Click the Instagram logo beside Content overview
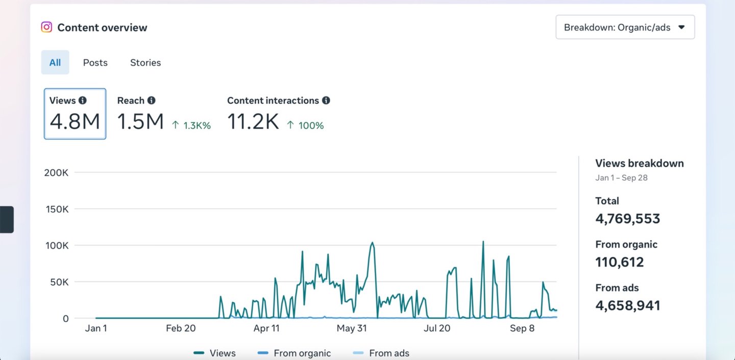[x=46, y=27]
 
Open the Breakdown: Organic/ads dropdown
[x=625, y=28]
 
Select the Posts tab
[x=95, y=62]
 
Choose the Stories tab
[x=145, y=62]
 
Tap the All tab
[x=55, y=62]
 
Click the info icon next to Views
[x=82, y=101]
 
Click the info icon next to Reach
[x=151, y=101]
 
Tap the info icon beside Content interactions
[x=326, y=101]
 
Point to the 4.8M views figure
[x=75, y=122]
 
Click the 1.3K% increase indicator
[x=191, y=125]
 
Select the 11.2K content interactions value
[x=253, y=122]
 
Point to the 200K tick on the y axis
[x=57, y=173]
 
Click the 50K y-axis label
[x=59, y=282]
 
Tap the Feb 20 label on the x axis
[x=181, y=328]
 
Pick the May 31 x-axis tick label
[x=352, y=328]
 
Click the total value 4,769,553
[x=627, y=219]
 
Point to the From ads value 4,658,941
[x=627, y=305]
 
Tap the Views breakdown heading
[x=639, y=163]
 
